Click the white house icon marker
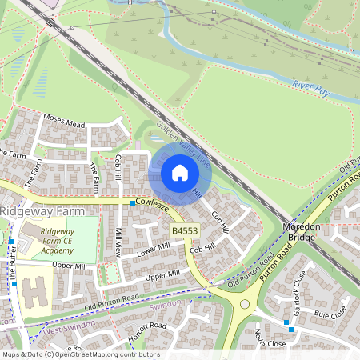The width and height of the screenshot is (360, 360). [x=180, y=173]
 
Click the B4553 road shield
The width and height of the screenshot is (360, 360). [x=183, y=230]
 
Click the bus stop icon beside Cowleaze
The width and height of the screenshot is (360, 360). [x=133, y=205]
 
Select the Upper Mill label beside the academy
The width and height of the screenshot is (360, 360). [x=70, y=266]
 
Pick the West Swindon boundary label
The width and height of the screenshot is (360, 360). [x=64, y=329]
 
